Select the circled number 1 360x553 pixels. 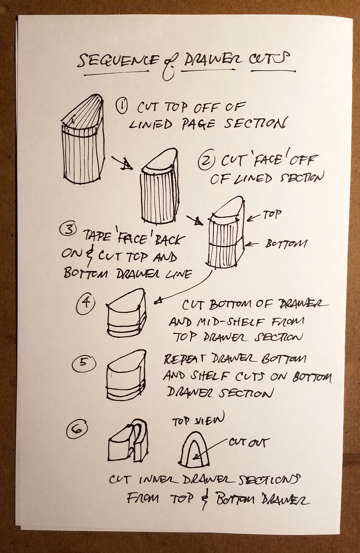pos(122,107)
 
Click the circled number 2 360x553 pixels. pos(206,162)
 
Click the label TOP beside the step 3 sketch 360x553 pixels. pos(272,214)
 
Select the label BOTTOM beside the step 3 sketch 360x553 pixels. pos(286,244)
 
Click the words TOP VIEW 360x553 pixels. pos(198,419)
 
